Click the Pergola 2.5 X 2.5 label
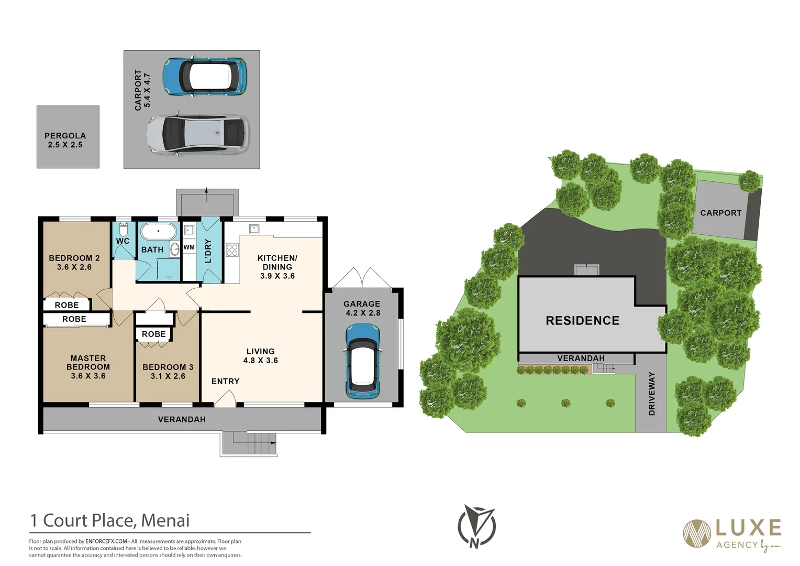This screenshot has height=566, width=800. point(65,140)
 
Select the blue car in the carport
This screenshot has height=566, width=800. point(204,77)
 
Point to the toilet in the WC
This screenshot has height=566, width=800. point(124,230)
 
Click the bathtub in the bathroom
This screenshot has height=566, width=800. point(159,231)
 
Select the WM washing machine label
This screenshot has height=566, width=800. point(189,247)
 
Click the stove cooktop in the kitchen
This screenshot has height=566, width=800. point(232,250)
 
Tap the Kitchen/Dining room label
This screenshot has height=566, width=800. point(277,267)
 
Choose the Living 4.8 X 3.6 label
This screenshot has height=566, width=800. point(260,356)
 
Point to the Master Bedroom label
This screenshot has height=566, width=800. point(88,367)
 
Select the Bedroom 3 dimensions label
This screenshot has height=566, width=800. point(168,376)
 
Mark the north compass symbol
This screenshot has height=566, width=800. point(476,526)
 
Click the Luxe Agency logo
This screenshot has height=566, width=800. point(732,534)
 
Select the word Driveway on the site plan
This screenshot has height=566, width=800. point(652,394)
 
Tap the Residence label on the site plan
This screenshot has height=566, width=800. point(582,321)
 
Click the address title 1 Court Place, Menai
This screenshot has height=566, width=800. point(110,520)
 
